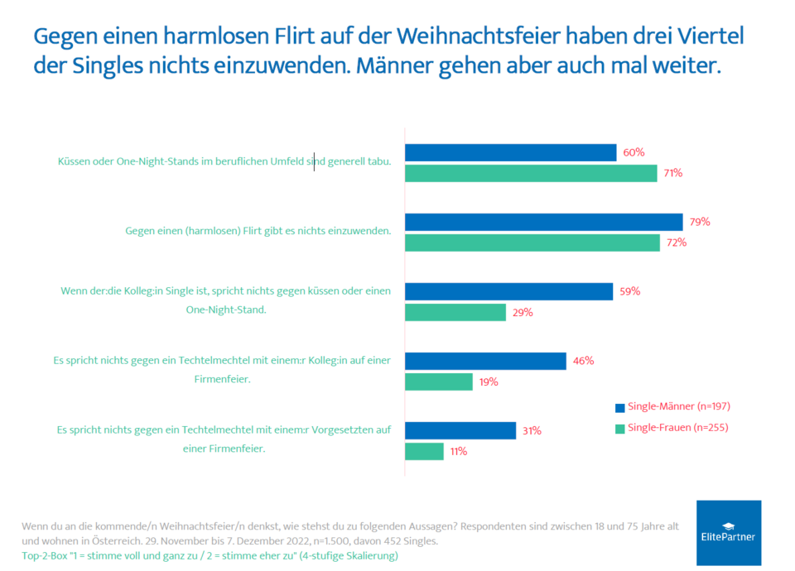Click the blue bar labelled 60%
510,152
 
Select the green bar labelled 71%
530,173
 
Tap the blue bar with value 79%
543,222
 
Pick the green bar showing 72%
532,242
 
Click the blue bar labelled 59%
508,291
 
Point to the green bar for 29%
455,312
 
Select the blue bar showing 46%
485,361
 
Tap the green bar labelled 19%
438,381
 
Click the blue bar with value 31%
460,430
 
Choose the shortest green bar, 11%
424,451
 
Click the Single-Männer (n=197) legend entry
672,406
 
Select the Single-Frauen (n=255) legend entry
672,428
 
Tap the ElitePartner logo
729,532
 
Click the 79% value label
699,222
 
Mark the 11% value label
459,452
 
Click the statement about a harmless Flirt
258,231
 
